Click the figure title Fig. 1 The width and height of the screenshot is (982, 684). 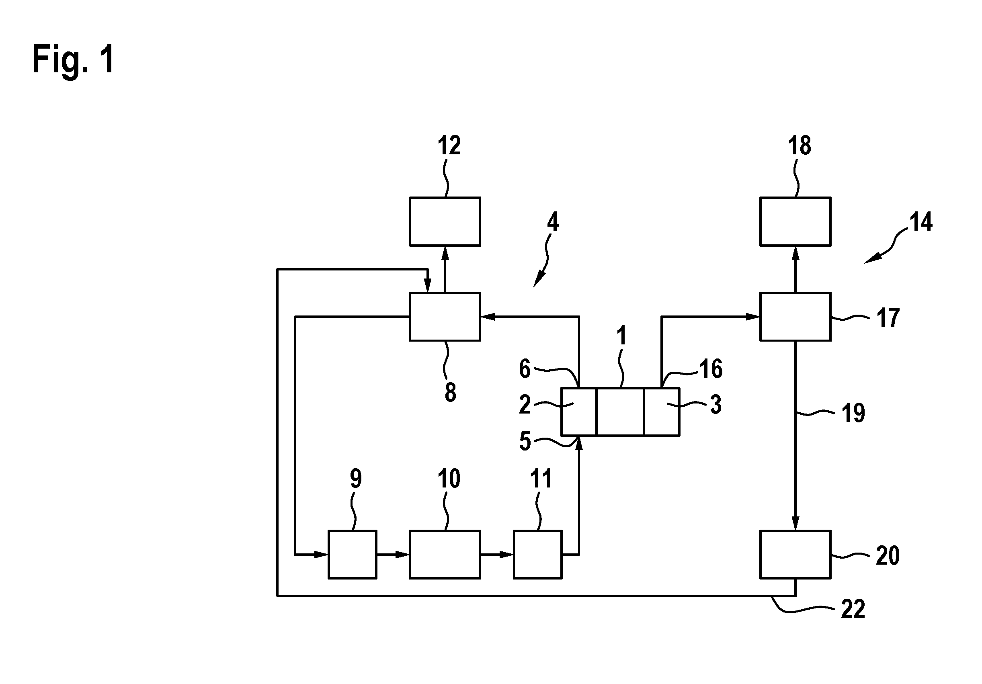pos(74,60)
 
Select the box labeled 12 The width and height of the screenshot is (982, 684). pos(445,221)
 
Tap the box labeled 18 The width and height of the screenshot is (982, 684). pos(795,221)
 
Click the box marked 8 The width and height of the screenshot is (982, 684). pos(445,317)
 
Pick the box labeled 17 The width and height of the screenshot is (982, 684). pos(795,317)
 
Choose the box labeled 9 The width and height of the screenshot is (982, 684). pos(353,555)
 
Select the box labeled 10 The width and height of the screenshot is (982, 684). pos(445,555)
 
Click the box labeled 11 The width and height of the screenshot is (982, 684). pos(537,555)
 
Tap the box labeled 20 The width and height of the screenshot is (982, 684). pos(795,555)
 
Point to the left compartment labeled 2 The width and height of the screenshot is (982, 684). pos(579,412)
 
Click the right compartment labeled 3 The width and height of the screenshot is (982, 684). pos(662,412)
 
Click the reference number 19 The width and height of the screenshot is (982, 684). pos(853,413)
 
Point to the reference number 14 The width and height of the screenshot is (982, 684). pos(921,222)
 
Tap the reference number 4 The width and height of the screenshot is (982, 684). pos(553,222)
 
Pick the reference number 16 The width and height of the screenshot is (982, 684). pos(711,369)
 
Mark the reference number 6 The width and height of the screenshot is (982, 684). pos(525,369)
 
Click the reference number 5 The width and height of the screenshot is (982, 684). pos(525,441)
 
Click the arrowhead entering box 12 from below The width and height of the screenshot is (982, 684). pos(445,253)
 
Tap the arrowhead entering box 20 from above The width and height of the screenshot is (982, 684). pos(795,523)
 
